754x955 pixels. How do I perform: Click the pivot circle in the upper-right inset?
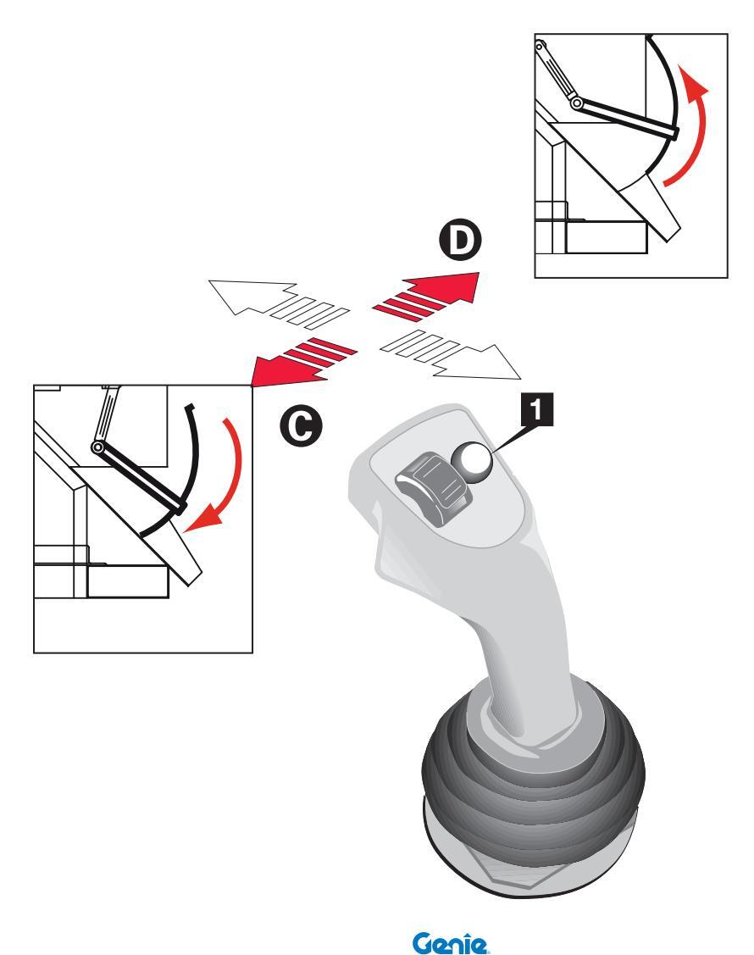click(577, 103)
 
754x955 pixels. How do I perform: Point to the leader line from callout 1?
click(508, 438)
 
